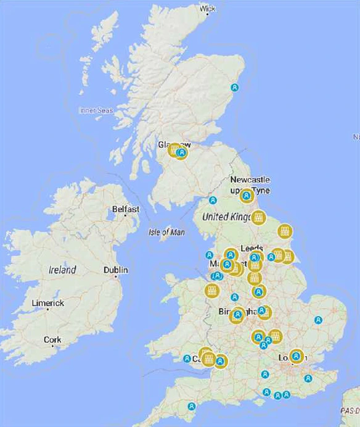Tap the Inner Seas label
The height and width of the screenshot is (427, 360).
[96, 110]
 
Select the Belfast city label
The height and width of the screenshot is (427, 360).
[126, 209]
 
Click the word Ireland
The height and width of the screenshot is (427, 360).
[62, 270]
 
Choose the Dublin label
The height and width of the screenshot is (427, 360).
[116, 270]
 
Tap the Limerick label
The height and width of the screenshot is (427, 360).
[48, 303]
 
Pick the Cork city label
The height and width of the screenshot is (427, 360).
[52, 339]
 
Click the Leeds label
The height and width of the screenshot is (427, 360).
[252, 247]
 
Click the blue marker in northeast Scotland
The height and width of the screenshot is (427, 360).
[234, 87]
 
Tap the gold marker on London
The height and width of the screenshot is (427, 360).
[297, 356]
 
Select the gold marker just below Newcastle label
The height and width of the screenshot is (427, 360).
[246, 196]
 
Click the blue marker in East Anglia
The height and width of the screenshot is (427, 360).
[318, 320]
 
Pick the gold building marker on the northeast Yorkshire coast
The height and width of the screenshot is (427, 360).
[284, 231]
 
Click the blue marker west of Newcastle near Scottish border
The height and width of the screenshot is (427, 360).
[213, 200]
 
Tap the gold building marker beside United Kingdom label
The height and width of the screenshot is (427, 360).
[258, 217]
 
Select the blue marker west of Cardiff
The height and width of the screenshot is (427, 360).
[187, 359]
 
